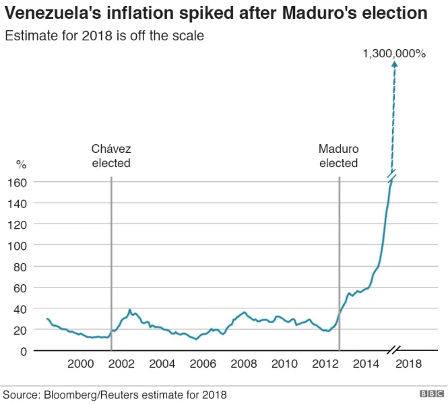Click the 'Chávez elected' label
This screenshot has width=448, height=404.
[x=111, y=156]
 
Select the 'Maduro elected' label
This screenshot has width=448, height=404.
[x=338, y=156]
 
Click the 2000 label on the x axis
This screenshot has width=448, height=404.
[x=81, y=364]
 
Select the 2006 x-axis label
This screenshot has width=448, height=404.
[x=203, y=364]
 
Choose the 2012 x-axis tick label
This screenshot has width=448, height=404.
[x=325, y=364]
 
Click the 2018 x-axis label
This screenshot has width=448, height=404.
[x=408, y=364]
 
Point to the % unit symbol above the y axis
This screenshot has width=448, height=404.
[x=22, y=164]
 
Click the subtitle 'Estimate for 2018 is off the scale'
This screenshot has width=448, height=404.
[x=104, y=36]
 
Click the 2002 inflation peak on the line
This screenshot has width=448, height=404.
[x=129, y=310]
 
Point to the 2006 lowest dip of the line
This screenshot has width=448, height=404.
[x=196, y=339]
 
